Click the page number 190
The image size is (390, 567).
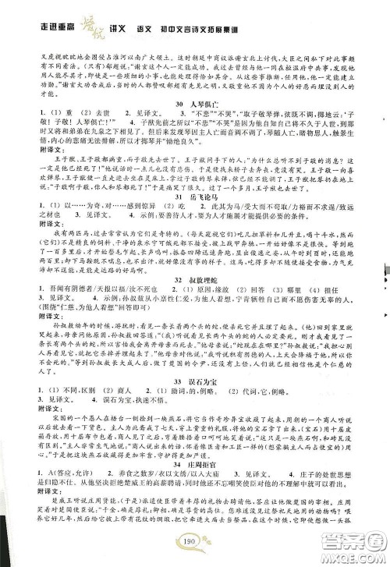coord(194,544)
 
